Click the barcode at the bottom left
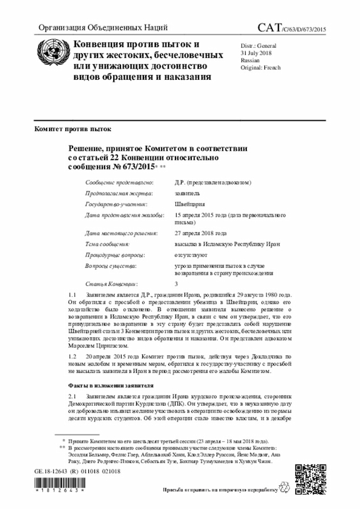58,485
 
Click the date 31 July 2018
256,52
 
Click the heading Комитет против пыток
69,129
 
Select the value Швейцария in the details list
190,204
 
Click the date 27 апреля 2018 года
201,233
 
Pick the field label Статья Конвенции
111,284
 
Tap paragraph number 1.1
72,295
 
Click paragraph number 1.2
72,357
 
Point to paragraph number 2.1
72,397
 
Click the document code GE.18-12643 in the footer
51,471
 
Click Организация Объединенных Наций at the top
102,28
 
